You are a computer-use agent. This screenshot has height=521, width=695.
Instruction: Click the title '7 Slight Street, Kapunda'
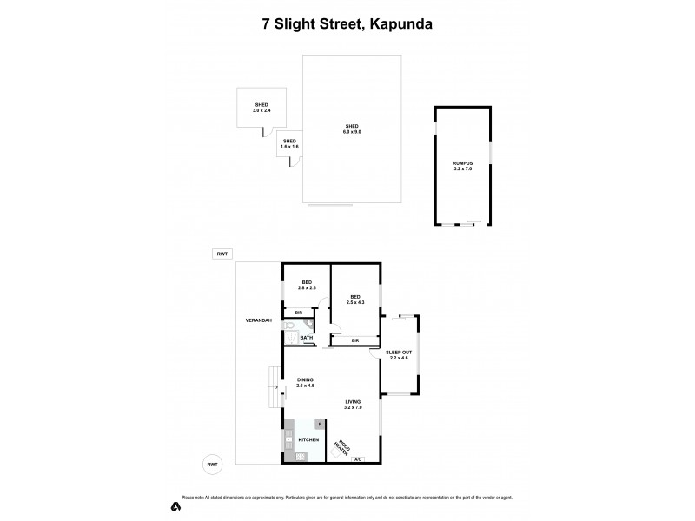[x=347, y=24]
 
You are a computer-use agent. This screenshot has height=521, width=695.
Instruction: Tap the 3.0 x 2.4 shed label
[x=261, y=108]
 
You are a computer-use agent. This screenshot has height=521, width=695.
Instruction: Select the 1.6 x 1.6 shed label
[x=289, y=143]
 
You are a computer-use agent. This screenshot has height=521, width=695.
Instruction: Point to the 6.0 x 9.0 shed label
[x=352, y=129]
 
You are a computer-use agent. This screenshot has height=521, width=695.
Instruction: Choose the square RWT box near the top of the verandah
[x=222, y=254]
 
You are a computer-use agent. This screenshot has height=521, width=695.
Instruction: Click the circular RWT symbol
[x=212, y=465]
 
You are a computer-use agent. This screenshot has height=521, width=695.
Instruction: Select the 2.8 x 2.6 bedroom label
[x=307, y=285]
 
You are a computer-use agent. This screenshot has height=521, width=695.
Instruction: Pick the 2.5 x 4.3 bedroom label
[x=355, y=299]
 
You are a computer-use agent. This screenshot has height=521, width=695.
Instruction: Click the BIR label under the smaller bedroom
[x=298, y=312]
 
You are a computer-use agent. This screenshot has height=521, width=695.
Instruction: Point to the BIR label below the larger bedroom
[x=355, y=341]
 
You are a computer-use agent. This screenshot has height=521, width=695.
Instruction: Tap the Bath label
[x=307, y=337]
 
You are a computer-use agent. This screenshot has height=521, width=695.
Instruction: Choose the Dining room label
[x=305, y=383]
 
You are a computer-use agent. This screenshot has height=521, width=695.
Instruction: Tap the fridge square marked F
[x=319, y=423]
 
